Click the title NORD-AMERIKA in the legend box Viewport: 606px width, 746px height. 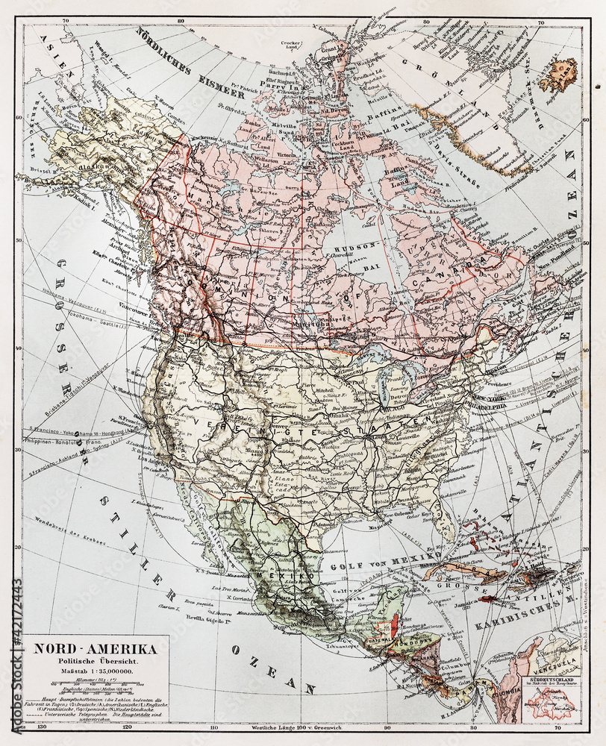tap(95, 648)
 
